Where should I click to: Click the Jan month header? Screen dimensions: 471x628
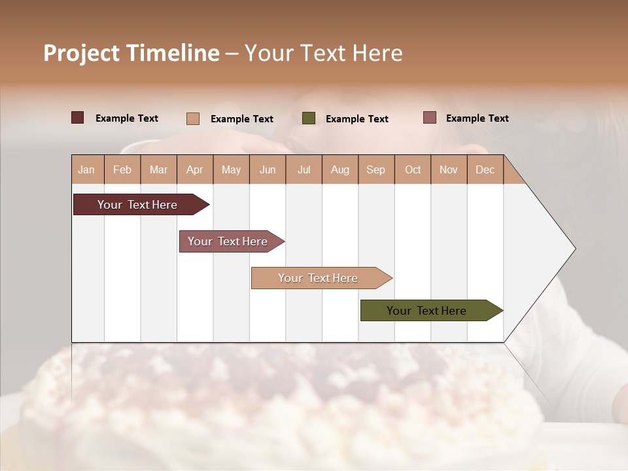86,169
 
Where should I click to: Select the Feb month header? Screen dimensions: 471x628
122,169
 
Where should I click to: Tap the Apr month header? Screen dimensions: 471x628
194,169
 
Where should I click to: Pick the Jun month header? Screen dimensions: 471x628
268,169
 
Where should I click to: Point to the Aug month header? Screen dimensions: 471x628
340,169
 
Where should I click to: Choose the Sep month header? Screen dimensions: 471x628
375,169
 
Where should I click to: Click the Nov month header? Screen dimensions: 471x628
448,169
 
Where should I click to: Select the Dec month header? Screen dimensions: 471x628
485,169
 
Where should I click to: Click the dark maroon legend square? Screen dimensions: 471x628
77,118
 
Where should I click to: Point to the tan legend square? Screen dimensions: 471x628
192,118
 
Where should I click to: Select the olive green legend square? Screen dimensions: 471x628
309,118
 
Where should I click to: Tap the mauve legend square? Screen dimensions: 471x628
429,118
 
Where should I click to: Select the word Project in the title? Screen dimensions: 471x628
81,53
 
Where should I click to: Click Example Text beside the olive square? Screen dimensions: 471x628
357,119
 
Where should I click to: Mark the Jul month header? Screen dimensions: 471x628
304,169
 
